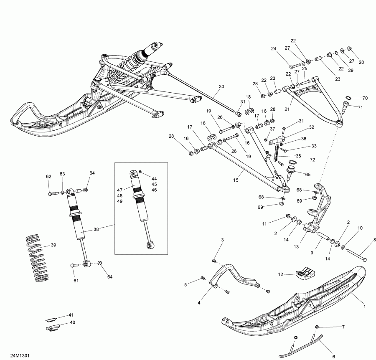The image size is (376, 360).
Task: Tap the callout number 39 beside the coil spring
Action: pyautogui.click(x=53, y=245)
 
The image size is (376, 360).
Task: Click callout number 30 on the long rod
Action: pyautogui.click(x=221, y=87)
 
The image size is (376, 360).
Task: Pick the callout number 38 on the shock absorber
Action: pyautogui.click(x=97, y=229)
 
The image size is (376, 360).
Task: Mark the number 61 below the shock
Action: pyautogui.click(x=76, y=281)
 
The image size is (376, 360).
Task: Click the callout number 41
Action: pyautogui.click(x=71, y=314)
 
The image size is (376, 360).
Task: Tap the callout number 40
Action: pyautogui.click(x=72, y=322)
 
